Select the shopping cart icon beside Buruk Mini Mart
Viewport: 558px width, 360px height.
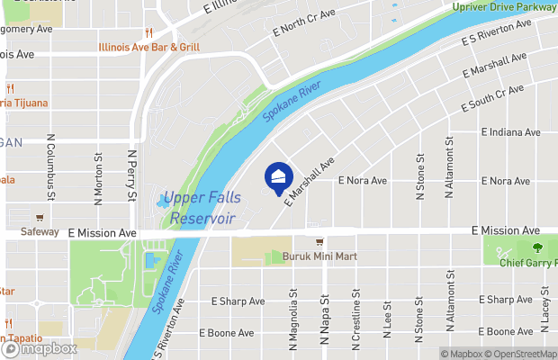(319, 243)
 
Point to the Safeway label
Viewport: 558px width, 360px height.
(40, 232)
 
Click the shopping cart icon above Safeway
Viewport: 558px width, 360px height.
(40, 218)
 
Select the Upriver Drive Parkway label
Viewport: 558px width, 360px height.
(504, 8)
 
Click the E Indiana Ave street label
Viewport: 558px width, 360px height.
(510, 132)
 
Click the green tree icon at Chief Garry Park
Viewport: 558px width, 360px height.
(538, 247)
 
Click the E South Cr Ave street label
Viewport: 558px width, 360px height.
(492, 100)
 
